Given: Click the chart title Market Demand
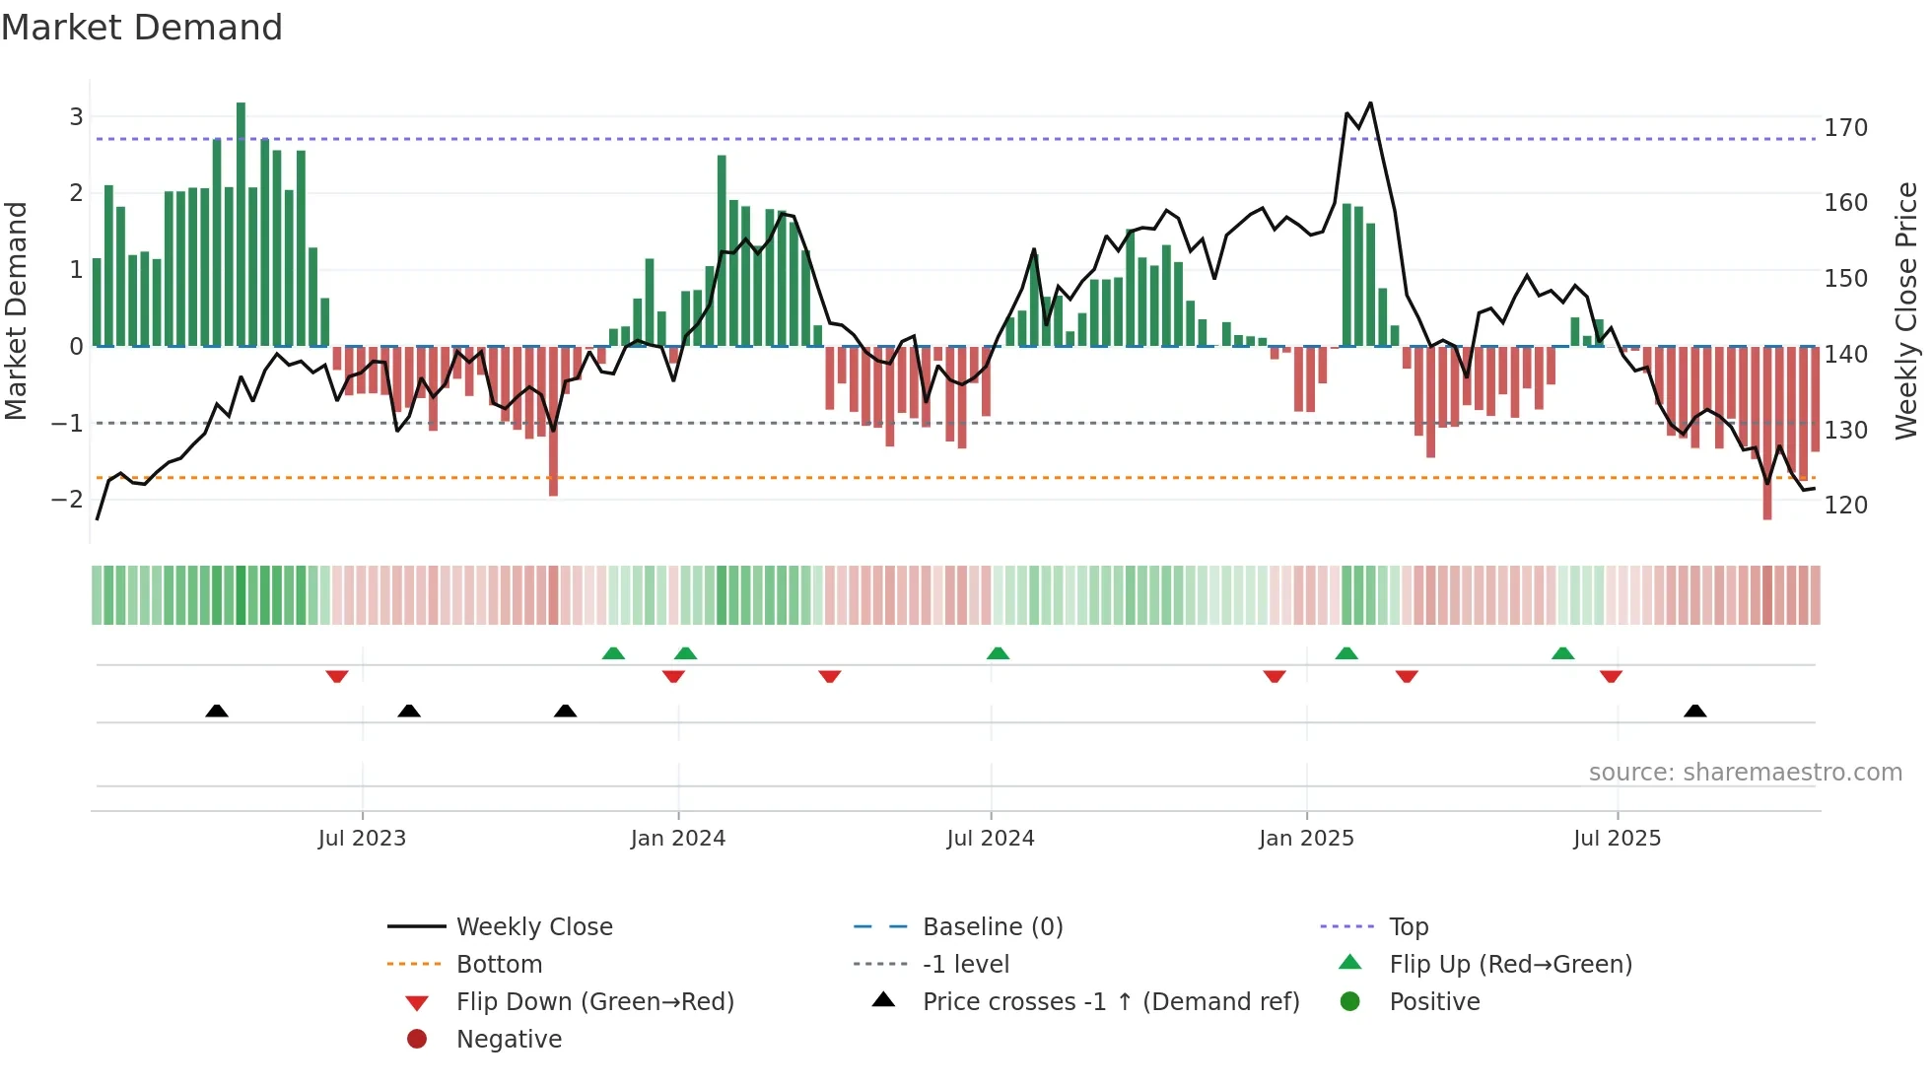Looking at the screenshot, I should point(142,28).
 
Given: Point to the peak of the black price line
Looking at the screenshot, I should point(1370,103).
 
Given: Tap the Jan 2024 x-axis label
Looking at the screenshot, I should point(677,839).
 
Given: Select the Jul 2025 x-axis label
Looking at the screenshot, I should point(1617,839).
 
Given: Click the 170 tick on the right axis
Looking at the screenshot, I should point(1845,128).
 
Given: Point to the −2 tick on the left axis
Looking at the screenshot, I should point(67,500).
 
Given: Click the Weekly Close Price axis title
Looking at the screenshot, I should point(1906,310).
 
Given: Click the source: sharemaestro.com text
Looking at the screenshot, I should point(1745,773).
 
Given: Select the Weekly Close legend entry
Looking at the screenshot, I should point(533,927).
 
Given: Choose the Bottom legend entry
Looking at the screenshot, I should point(499,965).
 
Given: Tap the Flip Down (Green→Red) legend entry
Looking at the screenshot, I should point(594,1002).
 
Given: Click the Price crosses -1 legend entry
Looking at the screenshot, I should point(1110,1002).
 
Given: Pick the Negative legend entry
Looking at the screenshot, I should point(509,1040).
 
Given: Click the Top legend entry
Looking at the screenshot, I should point(1408,927).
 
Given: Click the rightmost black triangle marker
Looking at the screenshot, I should point(1694,712).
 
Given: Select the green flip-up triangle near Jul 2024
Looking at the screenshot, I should point(998,653).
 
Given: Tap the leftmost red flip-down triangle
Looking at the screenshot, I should point(337,676).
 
